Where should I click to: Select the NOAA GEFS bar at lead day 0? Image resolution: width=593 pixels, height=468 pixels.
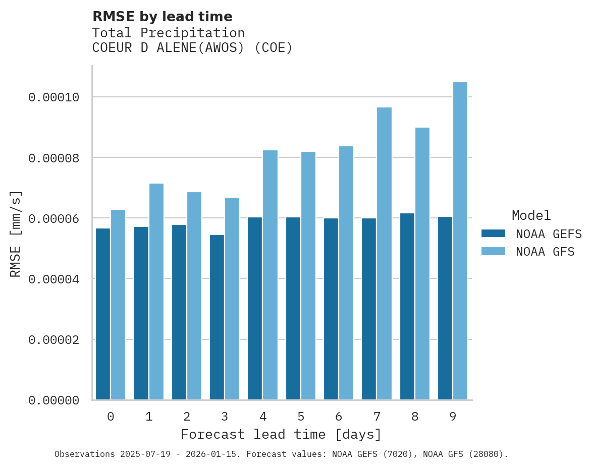click(x=103, y=314)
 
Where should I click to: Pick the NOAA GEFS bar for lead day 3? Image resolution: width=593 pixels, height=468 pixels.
click(x=217, y=317)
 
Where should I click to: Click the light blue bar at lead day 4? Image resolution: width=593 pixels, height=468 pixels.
click(x=270, y=275)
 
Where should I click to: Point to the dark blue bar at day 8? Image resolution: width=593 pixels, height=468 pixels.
click(x=407, y=307)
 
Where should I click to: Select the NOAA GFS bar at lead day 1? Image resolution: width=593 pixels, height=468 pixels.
click(x=156, y=291)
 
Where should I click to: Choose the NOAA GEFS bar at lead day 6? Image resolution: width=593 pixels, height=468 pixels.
click(x=331, y=309)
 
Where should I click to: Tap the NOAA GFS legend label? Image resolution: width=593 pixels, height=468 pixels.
click(x=545, y=252)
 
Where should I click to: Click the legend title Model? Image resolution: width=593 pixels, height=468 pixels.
click(x=531, y=215)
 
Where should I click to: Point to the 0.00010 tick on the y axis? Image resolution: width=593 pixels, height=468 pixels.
click(x=53, y=97)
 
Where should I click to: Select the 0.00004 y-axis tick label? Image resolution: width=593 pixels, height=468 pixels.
click(x=53, y=279)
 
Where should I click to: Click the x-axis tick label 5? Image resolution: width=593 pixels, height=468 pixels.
click(x=301, y=417)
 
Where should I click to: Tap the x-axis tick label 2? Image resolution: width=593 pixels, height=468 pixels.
click(x=187, y=417)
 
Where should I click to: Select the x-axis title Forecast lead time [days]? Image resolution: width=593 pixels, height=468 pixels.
click(x=281, y=434)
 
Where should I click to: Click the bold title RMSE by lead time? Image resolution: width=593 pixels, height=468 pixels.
click(x=162, y=17)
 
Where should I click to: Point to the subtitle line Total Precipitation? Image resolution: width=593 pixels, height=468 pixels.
click(x=168, y=33)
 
